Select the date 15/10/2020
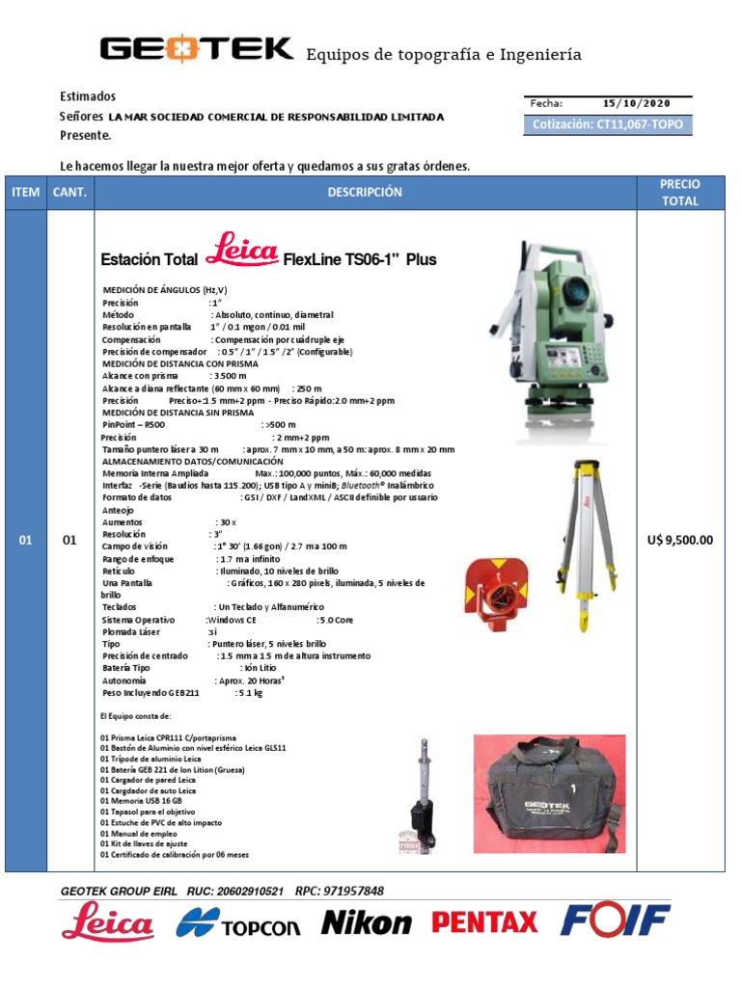click(x=634, y=104)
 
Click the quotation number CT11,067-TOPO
click(x=607, y=124)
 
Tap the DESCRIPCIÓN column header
click(x=365, y=193)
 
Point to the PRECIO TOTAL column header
click(x=680, y=193)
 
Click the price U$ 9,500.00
click(x=680, y=540)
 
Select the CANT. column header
click(x=69, y=193)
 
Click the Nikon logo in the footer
click(x=366, y=922)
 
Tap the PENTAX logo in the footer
click(x=484, y=922)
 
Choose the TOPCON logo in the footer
click(x=238, y=923)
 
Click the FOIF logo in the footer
click(x=615, y=921)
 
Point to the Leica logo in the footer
click(x=107, y=922)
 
